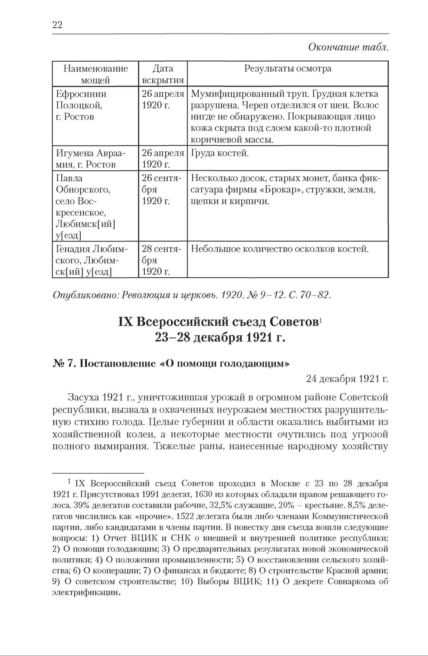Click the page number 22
tap(57, 25)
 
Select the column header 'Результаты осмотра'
tap(288, 69)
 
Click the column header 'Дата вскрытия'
tap(163, 74)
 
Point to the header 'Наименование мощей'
tap(96, 74)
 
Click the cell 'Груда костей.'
tap(220, 153)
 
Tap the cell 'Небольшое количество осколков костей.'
tap(280, 249)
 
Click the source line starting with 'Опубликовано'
tap(192, 295)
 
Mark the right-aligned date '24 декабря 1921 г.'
tap(347, 379)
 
